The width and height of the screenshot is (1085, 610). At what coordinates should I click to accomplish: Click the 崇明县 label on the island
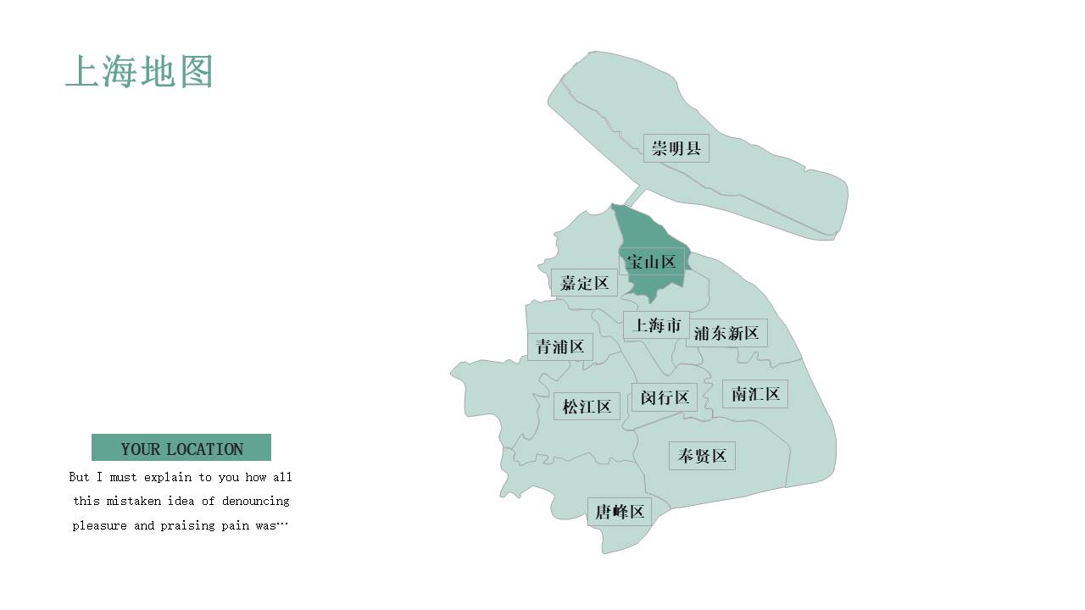pos(676,148)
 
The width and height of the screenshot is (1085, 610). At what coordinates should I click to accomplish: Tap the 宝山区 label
pos(651,262)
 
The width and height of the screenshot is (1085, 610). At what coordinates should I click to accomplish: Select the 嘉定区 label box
pos(584,282)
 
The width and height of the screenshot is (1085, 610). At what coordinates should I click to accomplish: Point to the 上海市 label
pos(657,324)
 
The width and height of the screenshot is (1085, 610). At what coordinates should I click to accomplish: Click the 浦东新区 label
pos(726,333)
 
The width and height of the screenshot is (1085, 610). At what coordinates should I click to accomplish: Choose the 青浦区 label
pos(559,347)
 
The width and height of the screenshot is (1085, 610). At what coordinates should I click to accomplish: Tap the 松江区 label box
pos(587,407)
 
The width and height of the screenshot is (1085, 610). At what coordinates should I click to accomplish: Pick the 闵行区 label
pos(665,396)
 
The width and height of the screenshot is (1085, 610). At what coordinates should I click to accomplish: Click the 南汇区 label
pos(755,394)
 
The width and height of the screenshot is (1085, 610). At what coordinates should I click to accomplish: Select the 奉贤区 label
pos(702,456)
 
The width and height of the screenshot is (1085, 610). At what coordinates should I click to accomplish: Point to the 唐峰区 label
pos(620,511)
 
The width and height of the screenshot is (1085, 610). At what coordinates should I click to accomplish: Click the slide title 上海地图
pos(139,72)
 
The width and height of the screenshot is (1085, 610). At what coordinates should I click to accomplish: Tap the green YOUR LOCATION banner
pos(181,447)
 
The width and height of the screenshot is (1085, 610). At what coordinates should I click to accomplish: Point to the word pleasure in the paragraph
pos(101,525)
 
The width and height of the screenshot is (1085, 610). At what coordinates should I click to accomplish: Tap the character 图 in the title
pos(196,72)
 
